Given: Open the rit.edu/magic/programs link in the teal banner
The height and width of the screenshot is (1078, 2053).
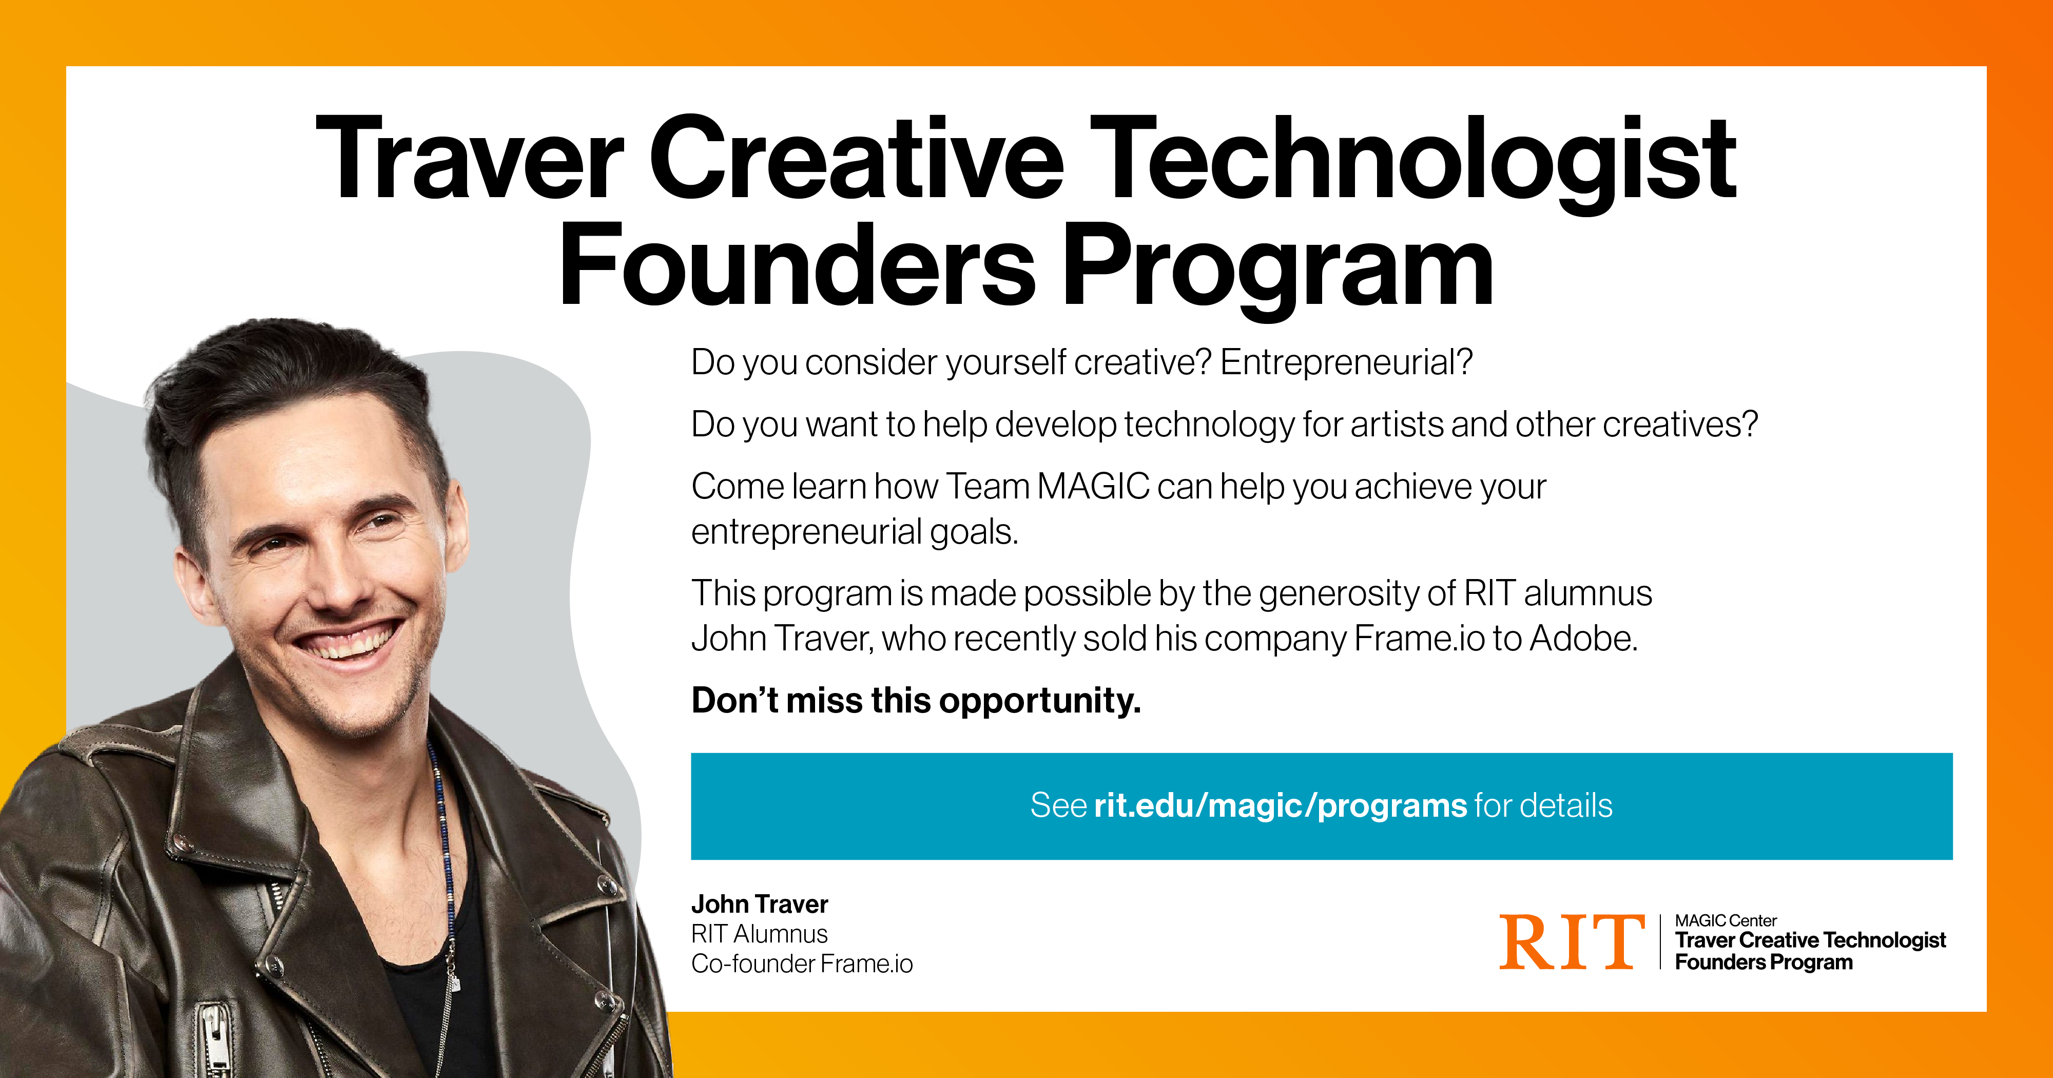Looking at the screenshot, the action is (1280, 806).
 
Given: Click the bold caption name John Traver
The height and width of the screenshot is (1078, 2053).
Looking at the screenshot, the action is (760, 904).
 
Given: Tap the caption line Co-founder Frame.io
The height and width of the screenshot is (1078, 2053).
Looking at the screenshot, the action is (802, 964).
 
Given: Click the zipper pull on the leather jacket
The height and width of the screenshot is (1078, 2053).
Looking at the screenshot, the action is (214, 1032).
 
